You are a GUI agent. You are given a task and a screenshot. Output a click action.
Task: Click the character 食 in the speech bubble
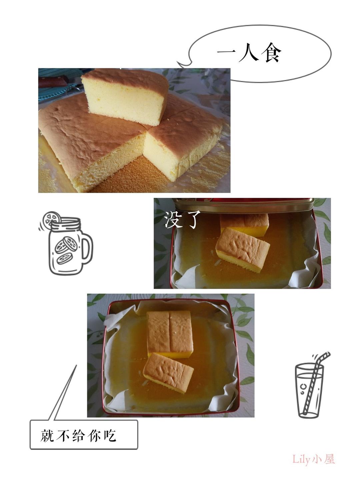[271, 53]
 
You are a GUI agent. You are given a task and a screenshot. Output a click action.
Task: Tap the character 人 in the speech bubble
[248, 53]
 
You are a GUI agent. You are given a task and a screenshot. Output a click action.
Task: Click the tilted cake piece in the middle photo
[243, 250]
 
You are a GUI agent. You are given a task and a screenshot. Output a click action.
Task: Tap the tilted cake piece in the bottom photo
[168, 373]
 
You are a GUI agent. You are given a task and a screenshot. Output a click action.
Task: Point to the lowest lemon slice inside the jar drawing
[64, 258]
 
